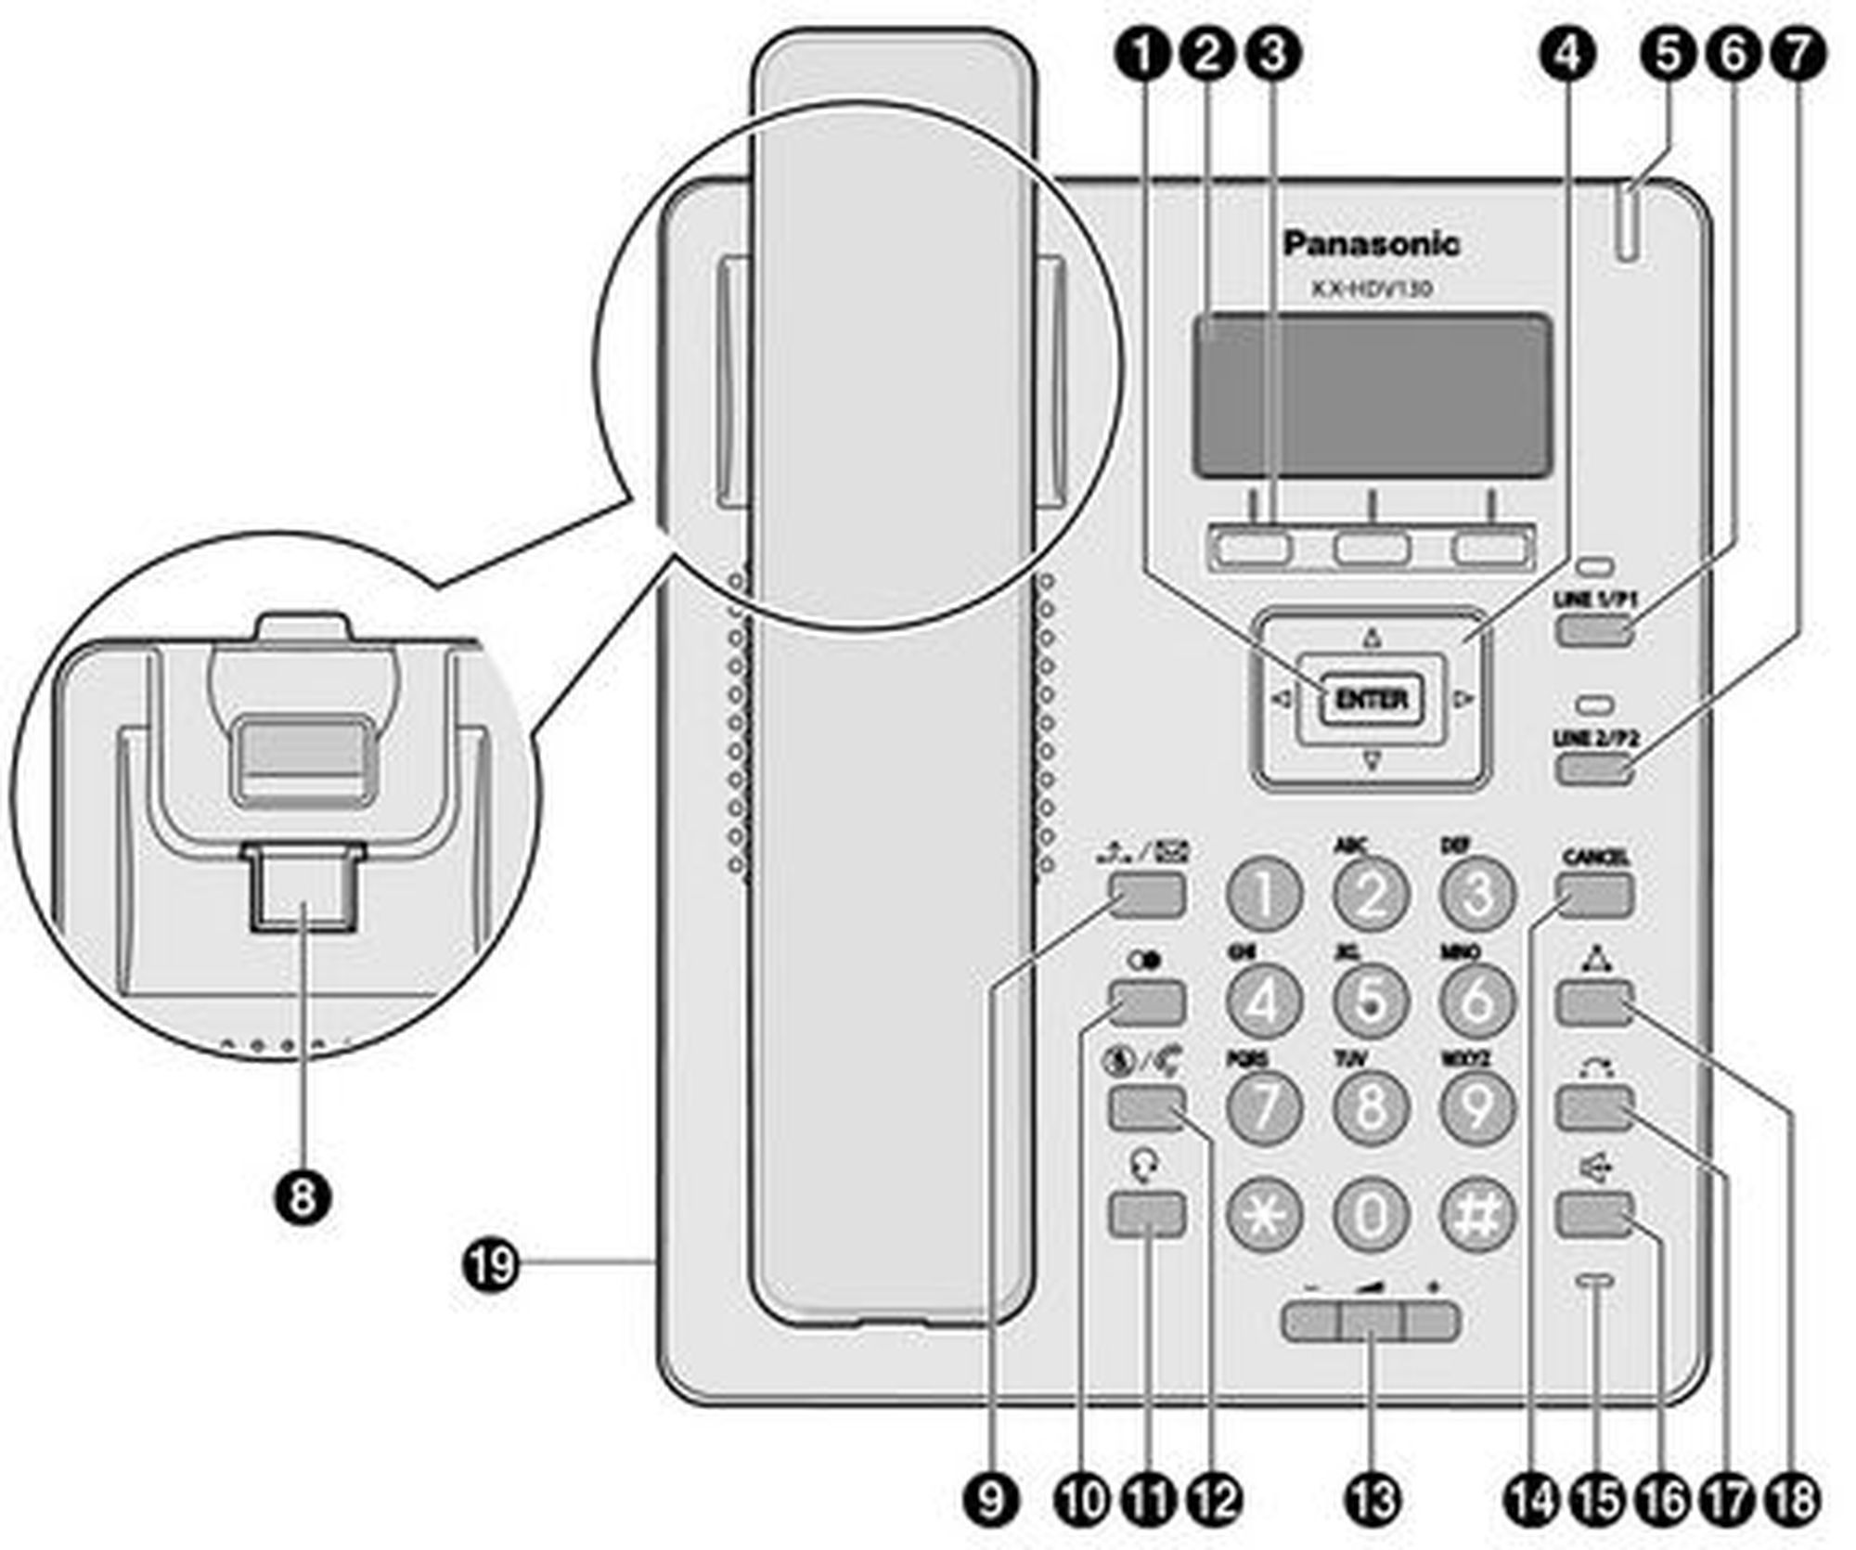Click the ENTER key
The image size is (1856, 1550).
pos(1371,699)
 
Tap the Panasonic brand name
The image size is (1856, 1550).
pos(1371,244)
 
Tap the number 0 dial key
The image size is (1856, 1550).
pos(1371,1213)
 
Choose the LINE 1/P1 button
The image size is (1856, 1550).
pos(1594,631)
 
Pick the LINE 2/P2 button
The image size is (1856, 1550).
pos(1594,769)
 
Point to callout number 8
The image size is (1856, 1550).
pos(302,1197)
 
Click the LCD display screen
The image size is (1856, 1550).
pos(1371,396)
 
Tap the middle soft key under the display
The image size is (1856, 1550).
pos(1371,549)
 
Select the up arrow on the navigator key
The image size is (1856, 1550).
pos(1372,639)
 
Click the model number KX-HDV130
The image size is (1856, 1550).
pos(1371,289)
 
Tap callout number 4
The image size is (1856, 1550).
pos(1568,55)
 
